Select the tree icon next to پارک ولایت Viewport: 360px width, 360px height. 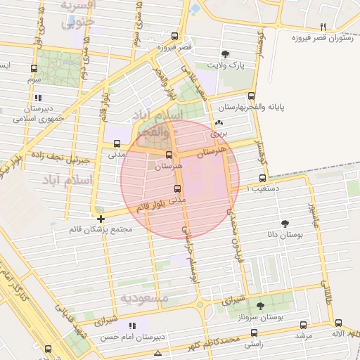click(x=225, y=54)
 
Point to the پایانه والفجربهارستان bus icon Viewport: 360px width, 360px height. click(x=252, y=97)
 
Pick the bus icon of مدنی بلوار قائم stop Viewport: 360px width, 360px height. click(x=176, y=188)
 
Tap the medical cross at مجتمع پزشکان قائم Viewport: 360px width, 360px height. click(x=101, y=219)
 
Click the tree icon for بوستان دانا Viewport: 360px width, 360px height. click(x=285, y=223)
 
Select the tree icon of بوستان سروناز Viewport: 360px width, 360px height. click(x=261, y=306)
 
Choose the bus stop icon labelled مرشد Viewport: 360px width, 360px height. click(x=303, y=325)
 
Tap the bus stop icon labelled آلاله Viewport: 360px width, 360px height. click(x=338, y=322)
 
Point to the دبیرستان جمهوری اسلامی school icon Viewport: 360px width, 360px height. click(x=38, y=98)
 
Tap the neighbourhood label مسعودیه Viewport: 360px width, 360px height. click(x=144, y=298)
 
